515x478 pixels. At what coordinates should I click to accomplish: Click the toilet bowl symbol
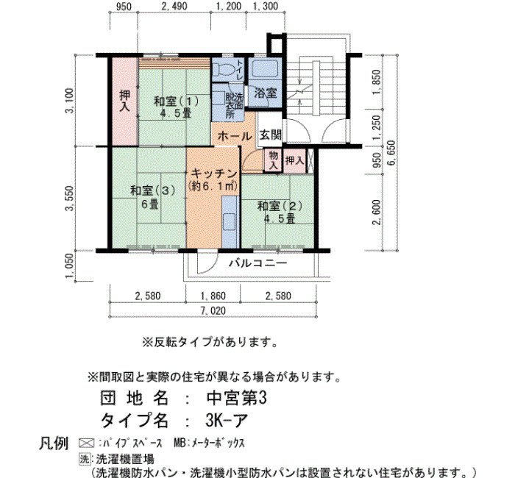click(224, 70)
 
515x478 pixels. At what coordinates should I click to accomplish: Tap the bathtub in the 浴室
click(265, 68)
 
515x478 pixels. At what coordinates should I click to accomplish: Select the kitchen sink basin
click(230, 221)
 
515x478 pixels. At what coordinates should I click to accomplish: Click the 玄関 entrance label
click(271, 135)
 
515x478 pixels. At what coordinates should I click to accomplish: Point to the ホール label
click(235, 136)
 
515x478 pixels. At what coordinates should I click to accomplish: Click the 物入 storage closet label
click(273, 160)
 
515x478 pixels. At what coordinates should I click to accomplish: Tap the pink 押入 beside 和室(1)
click(124, 101)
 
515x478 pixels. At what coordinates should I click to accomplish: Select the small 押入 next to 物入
click(294, 160)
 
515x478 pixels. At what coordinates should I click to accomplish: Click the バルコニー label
click(257, 263)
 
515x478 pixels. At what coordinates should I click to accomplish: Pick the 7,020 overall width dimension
click(213, 310)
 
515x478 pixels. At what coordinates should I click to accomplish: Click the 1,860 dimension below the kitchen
click(213, 296)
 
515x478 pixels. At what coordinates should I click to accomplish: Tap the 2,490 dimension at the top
click(174, 6)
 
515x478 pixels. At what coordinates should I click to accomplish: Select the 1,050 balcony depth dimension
click(70, 265)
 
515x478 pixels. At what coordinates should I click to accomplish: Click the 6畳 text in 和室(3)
click(150, 204)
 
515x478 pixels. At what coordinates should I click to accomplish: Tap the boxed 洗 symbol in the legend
click(85, 459)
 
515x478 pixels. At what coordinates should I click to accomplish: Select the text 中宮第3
click(236, 399)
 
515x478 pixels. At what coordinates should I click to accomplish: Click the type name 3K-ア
click(227, 420)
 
